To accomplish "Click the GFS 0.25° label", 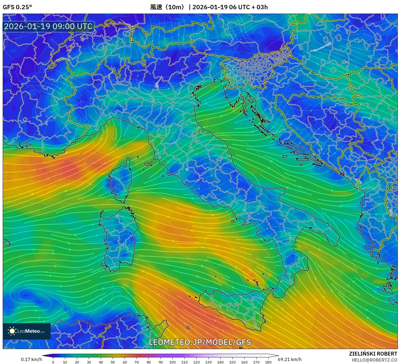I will pyautogui.click(x=17, y=7).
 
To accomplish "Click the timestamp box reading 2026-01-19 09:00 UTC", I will pyautogui.click(x=48, y=26).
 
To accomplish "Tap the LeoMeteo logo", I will pyautogui.click(x=27, y=331).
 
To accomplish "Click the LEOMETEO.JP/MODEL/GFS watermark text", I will pyautogui.click(x=200, y=342).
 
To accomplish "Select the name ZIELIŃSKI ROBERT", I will pyautogui.click(x=373, y=354).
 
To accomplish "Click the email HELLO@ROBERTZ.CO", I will pyautogui.click(x=374, y=360).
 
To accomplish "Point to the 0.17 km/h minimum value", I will pyautogui.click(x=31, y=359).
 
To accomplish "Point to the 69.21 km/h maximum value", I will pyautogui.click(x=290, y=359).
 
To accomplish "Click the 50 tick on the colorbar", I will pyautogui.click(x=113, y=362).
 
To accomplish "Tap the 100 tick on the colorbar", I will pyautogui.click(x=173, y=362).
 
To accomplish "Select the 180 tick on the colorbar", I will pyautogui.click(x=268, y=362).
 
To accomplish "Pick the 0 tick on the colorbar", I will pyautogui.click(x=53, y=362).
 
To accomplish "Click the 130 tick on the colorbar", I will pyautogui.click(x=208, y=362).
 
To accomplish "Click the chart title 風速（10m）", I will pyautogui.click(x=168, y=7).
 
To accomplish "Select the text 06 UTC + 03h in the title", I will pyautogui.click(x=248, y=7).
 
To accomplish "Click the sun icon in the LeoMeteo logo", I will pyautogui.click(x=12, y=331).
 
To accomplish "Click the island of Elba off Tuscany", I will pyautogui.click(x=148, y=164).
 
